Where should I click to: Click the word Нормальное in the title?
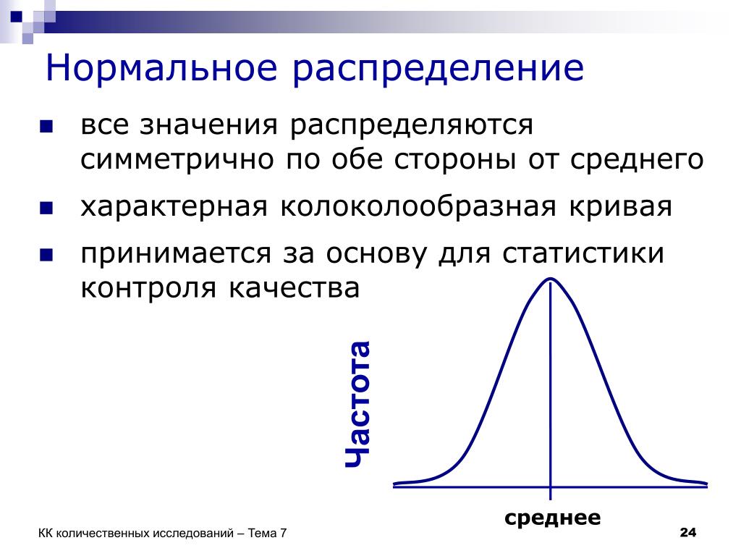(161, 68)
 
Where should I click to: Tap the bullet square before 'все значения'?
(46, 127)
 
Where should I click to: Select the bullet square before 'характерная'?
(46, 208)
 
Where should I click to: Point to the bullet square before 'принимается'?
(46, 256)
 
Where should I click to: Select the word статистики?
(583, 253)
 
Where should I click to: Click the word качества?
(295, 288)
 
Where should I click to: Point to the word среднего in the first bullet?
(637, 161)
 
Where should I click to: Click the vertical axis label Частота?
(357, 404)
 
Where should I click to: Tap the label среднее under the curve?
(552, 518)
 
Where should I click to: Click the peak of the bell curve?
(551, 279)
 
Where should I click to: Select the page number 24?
(688, 532)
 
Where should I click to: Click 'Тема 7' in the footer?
(267, 534)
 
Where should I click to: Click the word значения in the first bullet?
(208, 126)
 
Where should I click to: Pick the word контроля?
(148, 288)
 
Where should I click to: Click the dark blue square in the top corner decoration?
(16, 17)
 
